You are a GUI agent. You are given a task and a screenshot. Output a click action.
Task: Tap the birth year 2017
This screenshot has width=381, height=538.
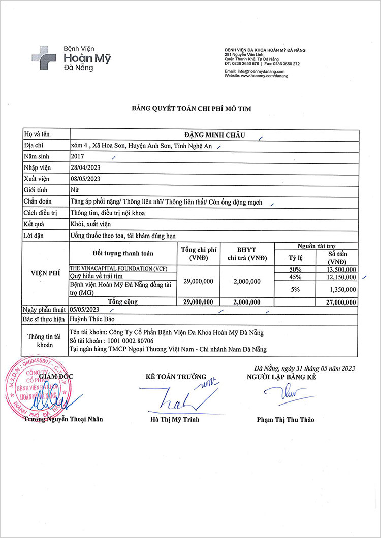[78, 157]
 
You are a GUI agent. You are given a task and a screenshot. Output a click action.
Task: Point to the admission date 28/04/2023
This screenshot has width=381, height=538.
[85, 167]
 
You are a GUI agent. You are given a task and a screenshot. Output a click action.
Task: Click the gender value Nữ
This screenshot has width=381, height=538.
[74, 191]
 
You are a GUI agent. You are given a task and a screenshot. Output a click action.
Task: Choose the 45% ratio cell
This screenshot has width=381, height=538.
[295, 277]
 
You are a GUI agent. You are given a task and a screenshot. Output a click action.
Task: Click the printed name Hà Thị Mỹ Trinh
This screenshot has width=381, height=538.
[175, 420]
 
